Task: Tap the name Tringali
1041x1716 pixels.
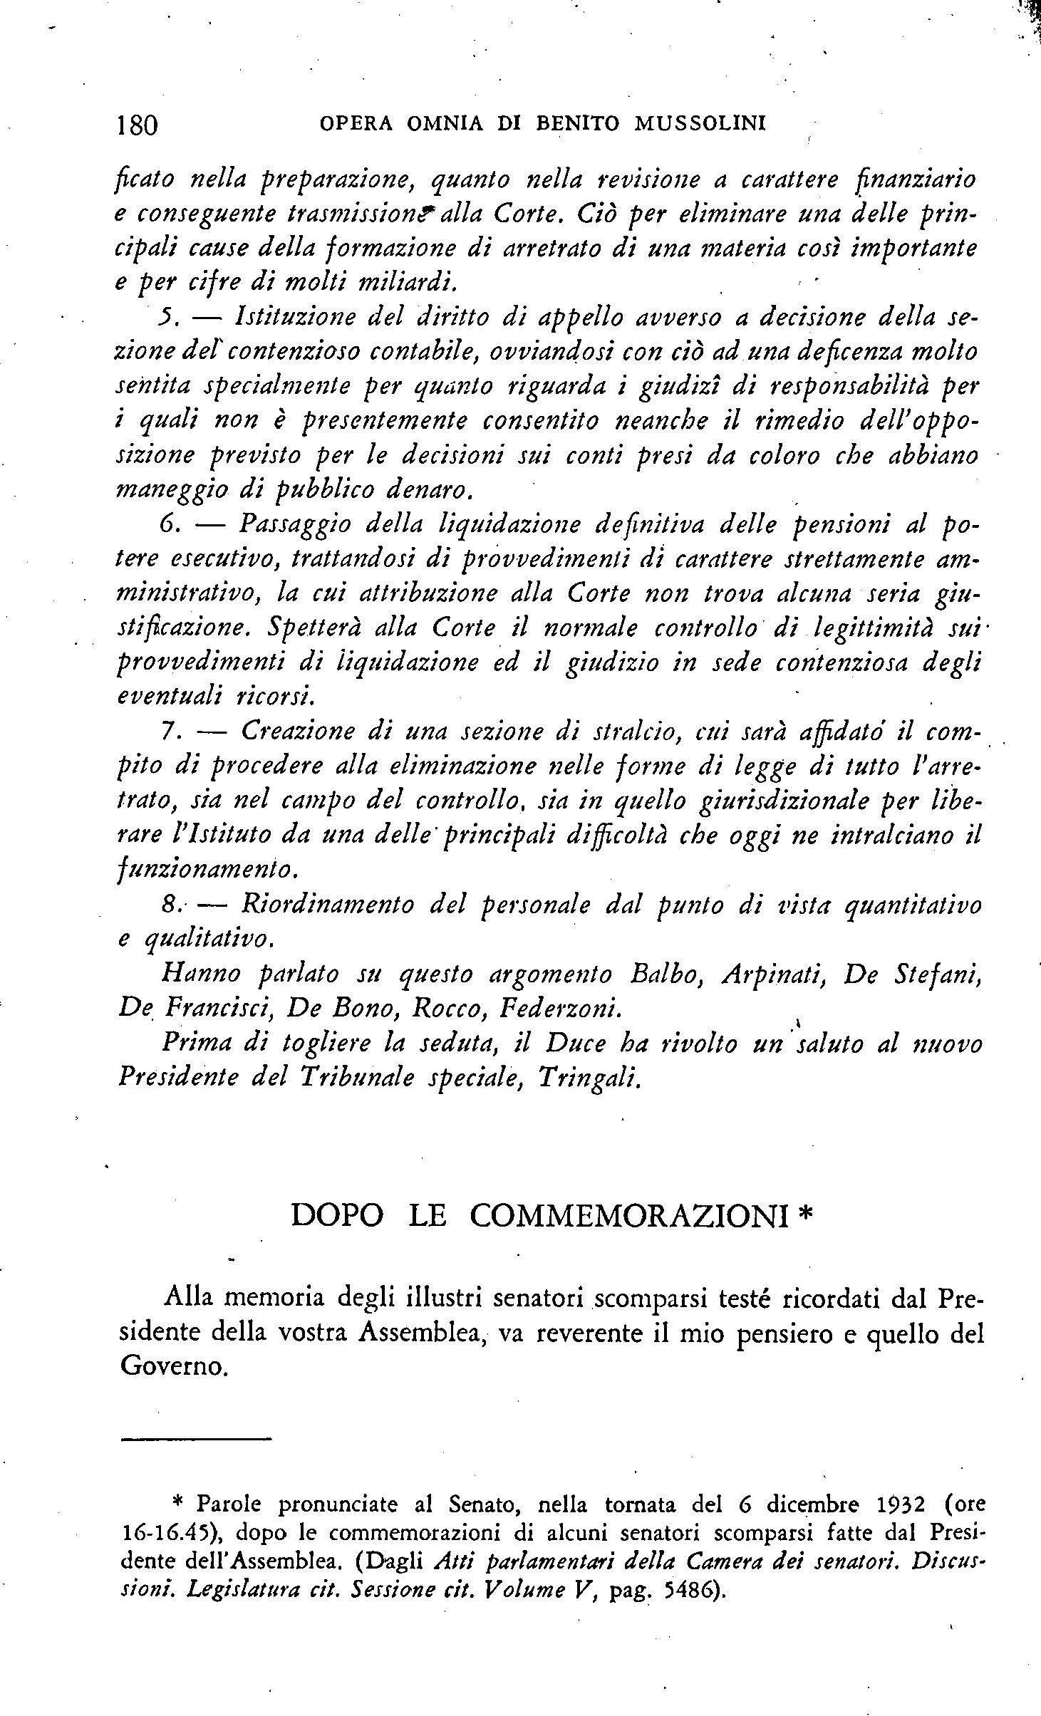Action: pos(596,1078)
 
